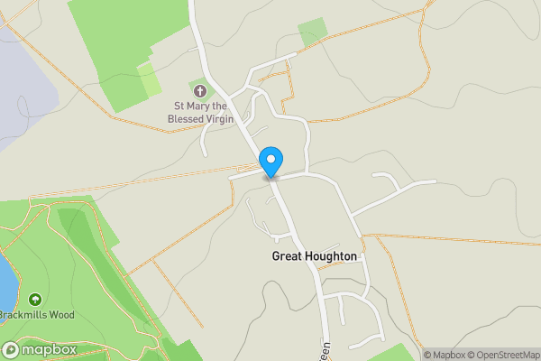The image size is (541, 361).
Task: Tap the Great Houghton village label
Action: [315, 256]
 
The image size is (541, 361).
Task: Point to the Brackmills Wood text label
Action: [37, 315]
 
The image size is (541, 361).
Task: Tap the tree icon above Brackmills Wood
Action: [34, 299]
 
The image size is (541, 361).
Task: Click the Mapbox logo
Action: [39, 349]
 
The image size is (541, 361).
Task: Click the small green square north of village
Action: [312, 32]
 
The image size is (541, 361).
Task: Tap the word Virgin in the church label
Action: [217, 118]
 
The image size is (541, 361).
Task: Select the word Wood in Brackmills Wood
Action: [62, 315]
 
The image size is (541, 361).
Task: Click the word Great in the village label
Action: [285, 256]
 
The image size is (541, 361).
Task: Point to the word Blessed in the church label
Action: [193, 118]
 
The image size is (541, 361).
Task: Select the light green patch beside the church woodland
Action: [149, 79]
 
